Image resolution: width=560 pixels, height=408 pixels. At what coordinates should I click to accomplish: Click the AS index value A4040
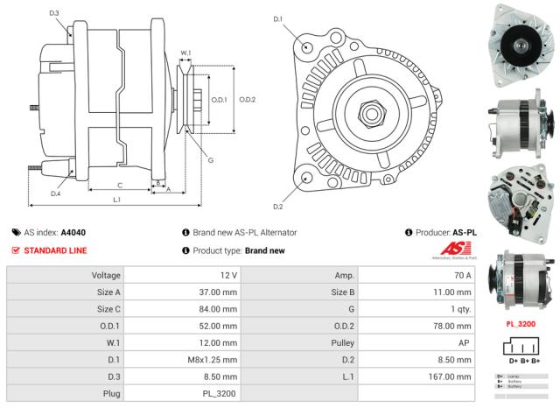click(73, 232)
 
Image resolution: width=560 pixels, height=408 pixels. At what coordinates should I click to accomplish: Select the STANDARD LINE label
click(54, 250)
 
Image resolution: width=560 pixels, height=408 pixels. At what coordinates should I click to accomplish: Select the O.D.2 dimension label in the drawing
click(248, 99)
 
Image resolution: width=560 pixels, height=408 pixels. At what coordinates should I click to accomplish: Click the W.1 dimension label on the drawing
click(185, 53)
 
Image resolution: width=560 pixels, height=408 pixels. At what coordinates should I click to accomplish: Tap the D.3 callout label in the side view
click(54, 13)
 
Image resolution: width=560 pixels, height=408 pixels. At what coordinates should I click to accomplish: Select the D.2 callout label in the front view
click(277, 207)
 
